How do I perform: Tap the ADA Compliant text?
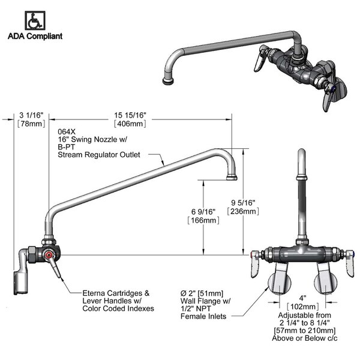[x=34, y=35]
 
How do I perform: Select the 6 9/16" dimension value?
[x=202, y=212]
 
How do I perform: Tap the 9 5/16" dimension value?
[x=242, y=202]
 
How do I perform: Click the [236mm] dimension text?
[x=242, y=211]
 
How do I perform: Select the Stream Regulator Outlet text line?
[x=98, y=154]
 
